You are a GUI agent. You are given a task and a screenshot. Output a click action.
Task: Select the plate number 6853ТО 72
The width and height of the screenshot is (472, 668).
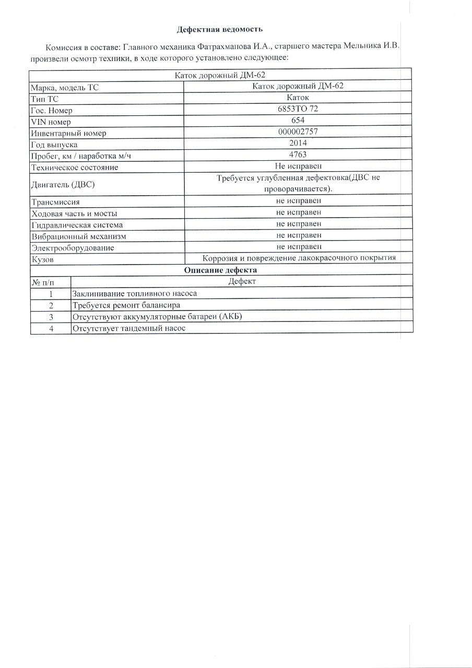tap(298, 110)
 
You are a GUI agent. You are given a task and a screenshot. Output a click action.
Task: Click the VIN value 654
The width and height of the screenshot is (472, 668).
tap(298, 121)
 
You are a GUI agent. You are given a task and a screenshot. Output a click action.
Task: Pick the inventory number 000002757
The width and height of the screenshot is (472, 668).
tap(298, 133)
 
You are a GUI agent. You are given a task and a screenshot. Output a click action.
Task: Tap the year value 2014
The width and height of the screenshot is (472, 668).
tap(298, 144)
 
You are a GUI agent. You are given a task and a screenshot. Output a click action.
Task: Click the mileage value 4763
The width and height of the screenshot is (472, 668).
tap(298, 155)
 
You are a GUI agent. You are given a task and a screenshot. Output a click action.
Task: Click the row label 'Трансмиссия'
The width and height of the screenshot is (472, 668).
tap(55, 202)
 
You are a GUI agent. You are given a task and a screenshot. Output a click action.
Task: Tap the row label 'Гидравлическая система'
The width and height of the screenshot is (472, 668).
tap(77, 225)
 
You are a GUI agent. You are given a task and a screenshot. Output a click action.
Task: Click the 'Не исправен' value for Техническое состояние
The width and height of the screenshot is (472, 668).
tap(298, 166)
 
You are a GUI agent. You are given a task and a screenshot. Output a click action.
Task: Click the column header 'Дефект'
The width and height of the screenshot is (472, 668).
tap(242, 282)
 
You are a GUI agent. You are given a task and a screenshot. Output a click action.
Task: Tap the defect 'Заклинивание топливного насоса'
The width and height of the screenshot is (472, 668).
tap(135, 293)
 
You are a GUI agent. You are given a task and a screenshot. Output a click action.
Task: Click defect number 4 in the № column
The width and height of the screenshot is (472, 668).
tap(51, 328)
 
